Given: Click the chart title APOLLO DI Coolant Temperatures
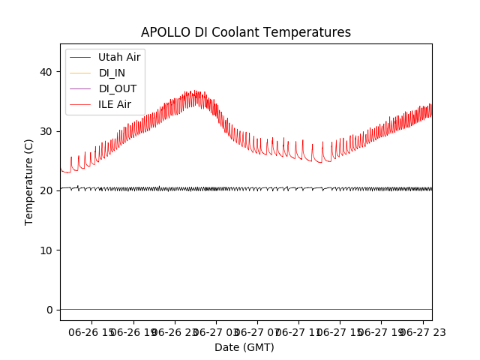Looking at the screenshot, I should point(246,32).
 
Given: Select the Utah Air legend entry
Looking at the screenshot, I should point(119,56).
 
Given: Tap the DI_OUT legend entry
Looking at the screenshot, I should point(118,88).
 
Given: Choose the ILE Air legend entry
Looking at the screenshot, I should point(115,103).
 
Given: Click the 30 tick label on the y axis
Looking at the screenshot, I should point(47,131).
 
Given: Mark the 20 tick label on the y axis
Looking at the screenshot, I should point(47,190).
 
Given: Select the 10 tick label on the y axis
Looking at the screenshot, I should point(47,250).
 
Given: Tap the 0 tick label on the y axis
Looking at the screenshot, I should point(50,310).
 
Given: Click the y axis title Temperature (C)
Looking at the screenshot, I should point(29,181).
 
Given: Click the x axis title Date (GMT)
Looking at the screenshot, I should point(244,347).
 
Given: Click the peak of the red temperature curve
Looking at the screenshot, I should point(193,91).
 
